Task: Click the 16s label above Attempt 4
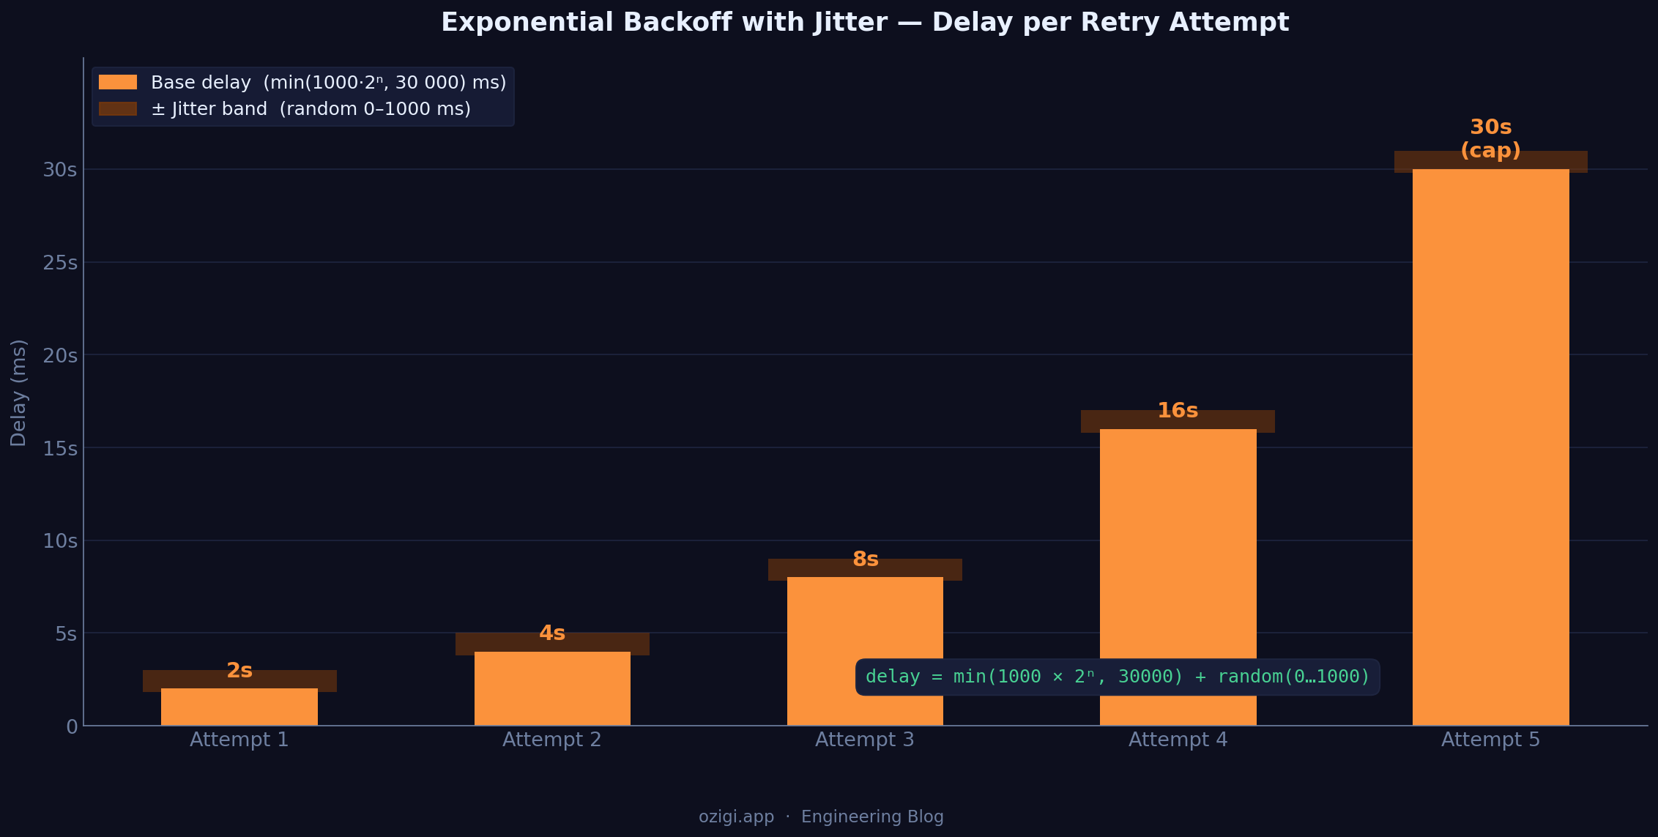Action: click(1178, 411)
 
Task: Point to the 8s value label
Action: click(865, 559)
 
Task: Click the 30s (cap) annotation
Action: click(1490, 138)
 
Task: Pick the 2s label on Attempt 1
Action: click(239, 671)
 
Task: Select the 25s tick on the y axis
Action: click(60, 263)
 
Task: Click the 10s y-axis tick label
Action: click(60, 541)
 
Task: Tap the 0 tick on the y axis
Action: click(72, 727)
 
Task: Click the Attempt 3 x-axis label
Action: click(865, 740)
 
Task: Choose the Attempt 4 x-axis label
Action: click(1178, 740)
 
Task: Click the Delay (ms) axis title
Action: click(19, 393)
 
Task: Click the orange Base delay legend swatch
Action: click(118, 82)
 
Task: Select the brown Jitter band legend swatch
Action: click(118, 109)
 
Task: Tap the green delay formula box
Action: click(1118, 677)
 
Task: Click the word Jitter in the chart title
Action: click(850, 22)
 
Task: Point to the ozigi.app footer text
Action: click(736, 816)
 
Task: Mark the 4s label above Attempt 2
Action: click(552, 633)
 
